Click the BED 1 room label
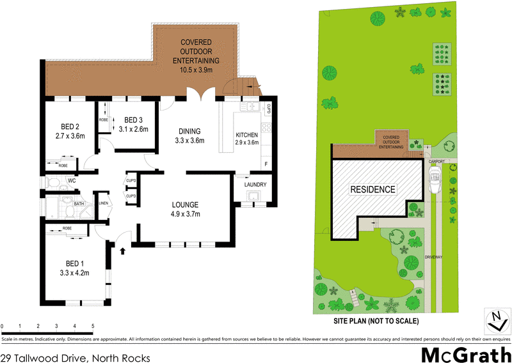75,263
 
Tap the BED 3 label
133,120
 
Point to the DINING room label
189,132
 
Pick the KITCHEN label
246,135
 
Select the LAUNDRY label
255,185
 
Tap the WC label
72,181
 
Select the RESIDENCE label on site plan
372,190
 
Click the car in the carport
436,181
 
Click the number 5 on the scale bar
93,326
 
